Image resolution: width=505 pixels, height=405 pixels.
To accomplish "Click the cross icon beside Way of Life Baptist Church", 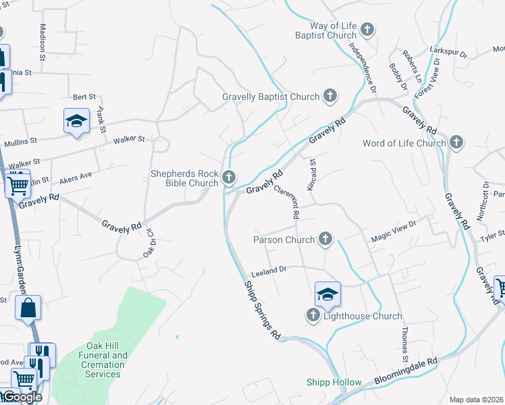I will click(x=367, y=29).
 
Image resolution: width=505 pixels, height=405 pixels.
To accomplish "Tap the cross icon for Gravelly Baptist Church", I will click(x=330, y=96).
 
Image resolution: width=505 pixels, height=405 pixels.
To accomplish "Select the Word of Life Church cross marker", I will click(x=457, y=142).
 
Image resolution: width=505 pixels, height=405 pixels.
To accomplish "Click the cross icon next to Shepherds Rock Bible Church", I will click(x=229, y=178).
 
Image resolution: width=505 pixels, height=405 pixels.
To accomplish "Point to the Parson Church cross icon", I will click(x=325, y=239).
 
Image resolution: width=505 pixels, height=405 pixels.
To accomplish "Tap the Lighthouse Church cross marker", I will click(x=313, y=315).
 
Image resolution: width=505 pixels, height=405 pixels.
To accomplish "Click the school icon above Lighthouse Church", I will click(x=327, y=294).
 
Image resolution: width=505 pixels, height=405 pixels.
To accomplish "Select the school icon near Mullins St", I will click(x=76, y=121).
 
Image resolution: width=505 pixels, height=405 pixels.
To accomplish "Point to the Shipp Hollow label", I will click(x=334, y=382).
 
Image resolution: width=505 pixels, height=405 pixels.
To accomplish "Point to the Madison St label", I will click(x=43, y=43).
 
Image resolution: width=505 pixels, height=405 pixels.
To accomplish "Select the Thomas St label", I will click(x=404, y=342).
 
